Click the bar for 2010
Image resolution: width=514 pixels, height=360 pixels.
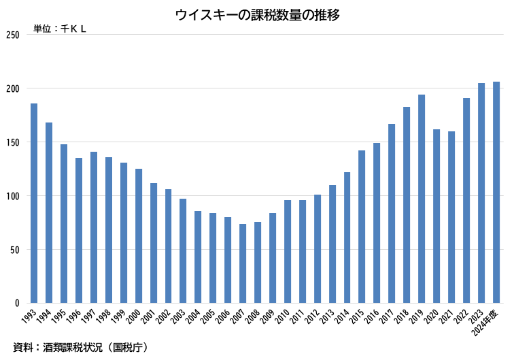pyautogui.click(x=288, y=251)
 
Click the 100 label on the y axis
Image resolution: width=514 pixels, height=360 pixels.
pyautogui.click(x=12, y=196)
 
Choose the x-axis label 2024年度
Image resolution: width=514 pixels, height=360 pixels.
pyautogui.click(x=489, y=320)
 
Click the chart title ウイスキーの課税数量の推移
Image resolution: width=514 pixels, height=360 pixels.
pyautogui.click(x=257, y=14)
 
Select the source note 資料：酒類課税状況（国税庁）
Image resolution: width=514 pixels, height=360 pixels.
pyautogui.click(x=80, y=347)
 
